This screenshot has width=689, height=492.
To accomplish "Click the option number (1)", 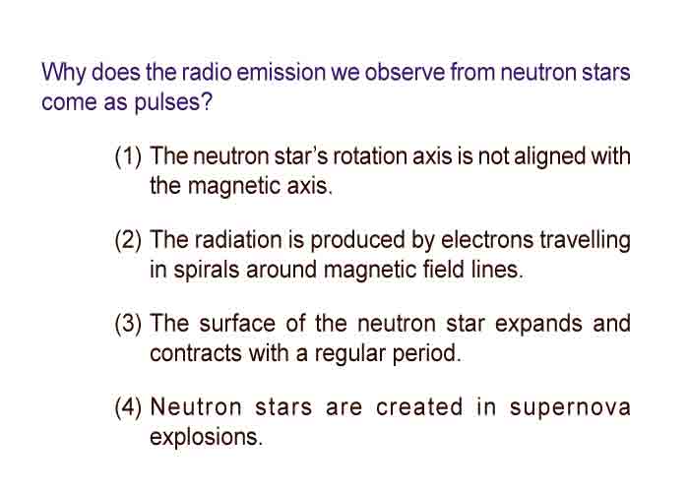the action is (x=128, y=156).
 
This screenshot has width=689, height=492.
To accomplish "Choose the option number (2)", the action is (x=128, y=240).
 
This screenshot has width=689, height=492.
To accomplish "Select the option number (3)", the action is (x=128, y=324).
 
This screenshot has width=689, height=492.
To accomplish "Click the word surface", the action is (x=237, y=324).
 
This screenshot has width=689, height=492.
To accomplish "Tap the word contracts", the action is (x=196, y=353).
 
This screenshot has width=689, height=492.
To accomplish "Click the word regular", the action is (x=349, y=354).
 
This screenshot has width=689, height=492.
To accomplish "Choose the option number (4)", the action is (x=128, y=407).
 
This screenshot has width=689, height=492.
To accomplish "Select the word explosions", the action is (x=206, y=438).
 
